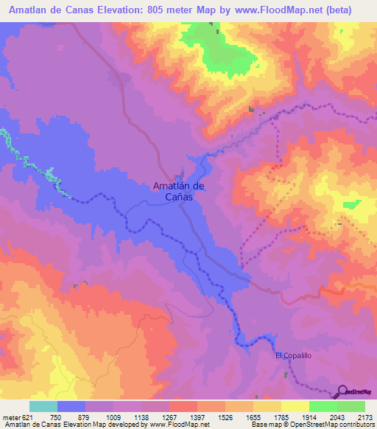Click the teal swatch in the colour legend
tap(43, 406)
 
